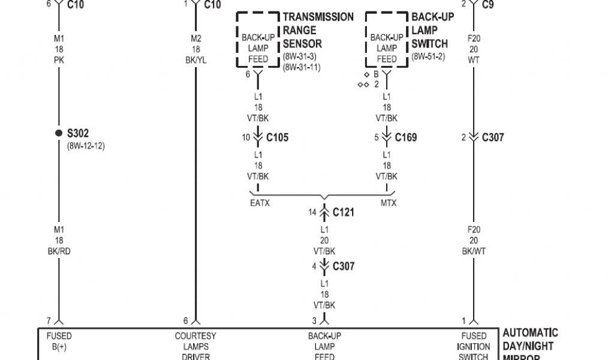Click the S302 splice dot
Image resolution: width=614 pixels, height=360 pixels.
(59, 133)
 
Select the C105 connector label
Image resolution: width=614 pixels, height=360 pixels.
(277, 137)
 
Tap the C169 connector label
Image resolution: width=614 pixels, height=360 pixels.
(405, 137)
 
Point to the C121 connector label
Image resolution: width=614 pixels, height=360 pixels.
(344, 212)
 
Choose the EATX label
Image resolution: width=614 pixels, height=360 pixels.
(260, 203)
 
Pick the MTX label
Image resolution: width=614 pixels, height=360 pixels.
(389, 203)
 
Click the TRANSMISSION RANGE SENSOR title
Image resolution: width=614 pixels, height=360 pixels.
(318, 30)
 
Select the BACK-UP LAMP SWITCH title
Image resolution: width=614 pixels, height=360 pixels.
(432, 30)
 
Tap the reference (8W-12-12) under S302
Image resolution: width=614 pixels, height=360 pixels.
(86, 146)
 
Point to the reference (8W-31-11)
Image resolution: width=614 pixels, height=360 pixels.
(302, 67)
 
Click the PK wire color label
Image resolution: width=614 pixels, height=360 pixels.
(59, 60)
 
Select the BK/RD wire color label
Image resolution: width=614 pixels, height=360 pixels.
(59, 251)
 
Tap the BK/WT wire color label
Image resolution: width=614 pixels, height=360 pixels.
(474, 251)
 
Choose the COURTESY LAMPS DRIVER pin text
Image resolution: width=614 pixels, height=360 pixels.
(195, 346)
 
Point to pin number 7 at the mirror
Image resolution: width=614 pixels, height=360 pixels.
(49, 320)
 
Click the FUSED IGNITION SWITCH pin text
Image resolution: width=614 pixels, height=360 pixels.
(474, 346)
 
